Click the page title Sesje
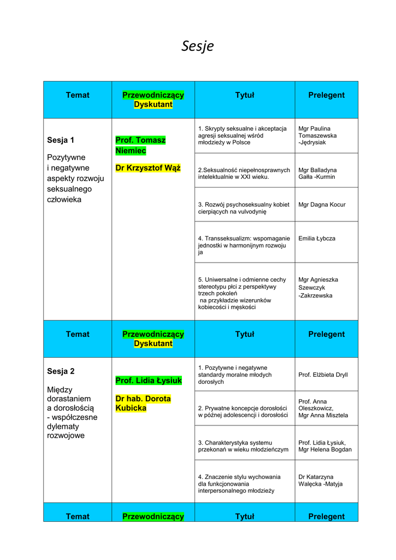(x=198, y=46)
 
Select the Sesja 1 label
(x=61, y=141)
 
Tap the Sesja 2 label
(x=61, y=371)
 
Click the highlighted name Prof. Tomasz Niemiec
(x=140, y=145)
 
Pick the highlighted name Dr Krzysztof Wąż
(x=147, y=168)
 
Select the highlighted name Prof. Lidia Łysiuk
(x=149, y=381)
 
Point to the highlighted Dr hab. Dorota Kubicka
(x=143, y=404)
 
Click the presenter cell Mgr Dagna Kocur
(x=322, y=205)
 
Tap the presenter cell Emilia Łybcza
(x=317, y=238)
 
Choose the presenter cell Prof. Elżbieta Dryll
(x=323, y=375)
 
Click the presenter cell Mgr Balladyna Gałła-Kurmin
(x=317, y=173)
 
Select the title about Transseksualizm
(x=244, y=246)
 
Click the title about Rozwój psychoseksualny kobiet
(x=244, y=208)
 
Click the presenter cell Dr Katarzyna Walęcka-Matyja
(x=321, y=480)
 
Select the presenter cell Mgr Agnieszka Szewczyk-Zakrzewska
(x=318, y=288)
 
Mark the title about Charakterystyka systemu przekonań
(x=243, y=446)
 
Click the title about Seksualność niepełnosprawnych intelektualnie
(x=244, y=173)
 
